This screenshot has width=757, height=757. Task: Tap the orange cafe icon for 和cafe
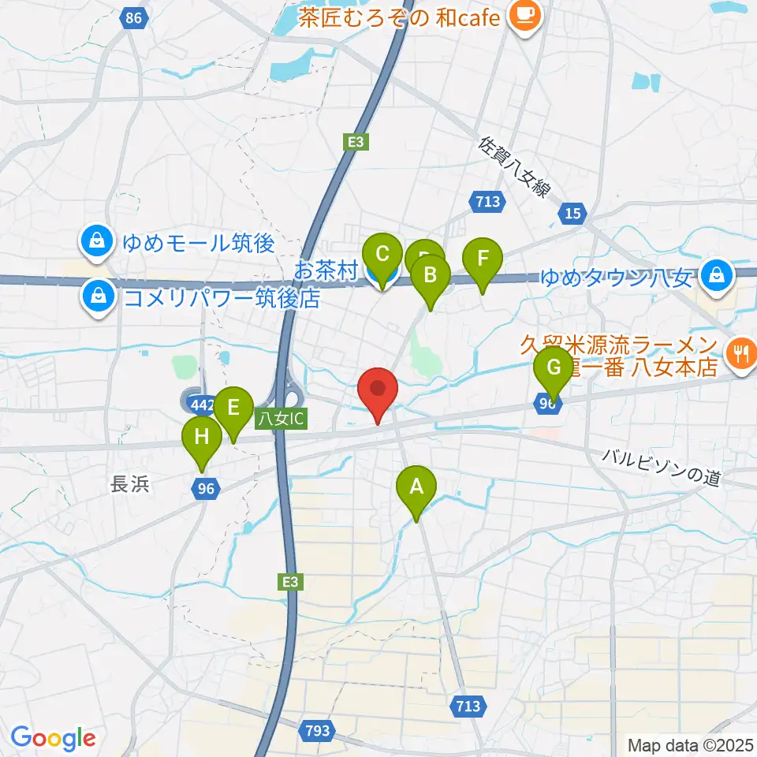point(523,15)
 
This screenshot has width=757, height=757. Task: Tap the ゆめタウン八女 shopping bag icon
point(717,276)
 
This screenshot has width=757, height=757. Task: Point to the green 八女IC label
point(281,420)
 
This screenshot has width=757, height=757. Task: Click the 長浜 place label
point(129,484)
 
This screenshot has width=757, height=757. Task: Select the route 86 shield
point(136,17)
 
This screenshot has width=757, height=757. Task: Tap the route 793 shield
point(318,731)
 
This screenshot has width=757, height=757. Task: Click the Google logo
point(53,738)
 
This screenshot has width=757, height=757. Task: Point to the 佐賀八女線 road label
point(513,169)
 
